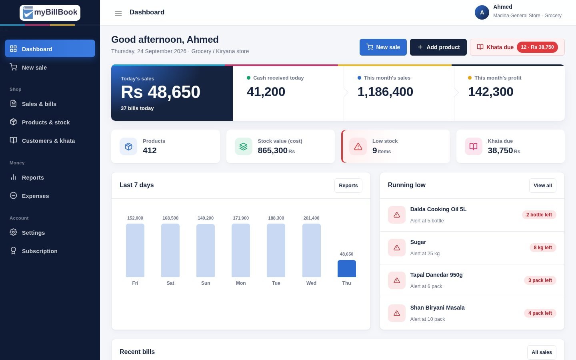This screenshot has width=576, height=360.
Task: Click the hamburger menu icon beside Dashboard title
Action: coord(118,13)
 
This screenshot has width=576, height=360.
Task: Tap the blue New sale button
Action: coord(383,47)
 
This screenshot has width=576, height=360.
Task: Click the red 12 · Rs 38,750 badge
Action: coord(537,47)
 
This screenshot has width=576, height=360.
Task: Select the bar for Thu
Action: coord(346,268)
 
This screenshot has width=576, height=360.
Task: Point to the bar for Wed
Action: coord(311,250)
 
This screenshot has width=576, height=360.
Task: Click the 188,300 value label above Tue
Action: coord(276,218)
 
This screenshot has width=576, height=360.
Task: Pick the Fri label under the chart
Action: coord(135,283)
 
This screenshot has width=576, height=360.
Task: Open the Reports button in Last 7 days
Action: coord(348,186)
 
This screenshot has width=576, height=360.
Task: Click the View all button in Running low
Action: coord(542,186)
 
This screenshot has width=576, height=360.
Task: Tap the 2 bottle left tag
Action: coord(539,215)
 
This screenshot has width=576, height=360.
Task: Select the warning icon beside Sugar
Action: coord(396,247)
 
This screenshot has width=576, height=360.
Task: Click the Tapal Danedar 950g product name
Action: coord(436,275)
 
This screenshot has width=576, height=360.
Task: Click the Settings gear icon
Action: coord(13,232)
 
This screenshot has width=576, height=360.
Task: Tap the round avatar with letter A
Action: coord(482,12)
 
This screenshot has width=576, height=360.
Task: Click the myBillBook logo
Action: coord(50,13)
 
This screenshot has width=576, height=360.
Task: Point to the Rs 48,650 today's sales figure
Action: coord(160,92)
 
